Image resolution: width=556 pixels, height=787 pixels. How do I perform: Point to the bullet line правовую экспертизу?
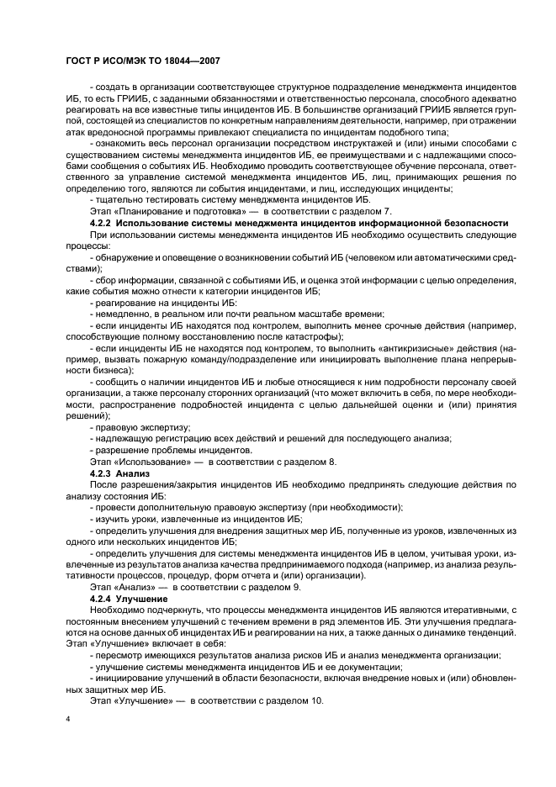[131, 427]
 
